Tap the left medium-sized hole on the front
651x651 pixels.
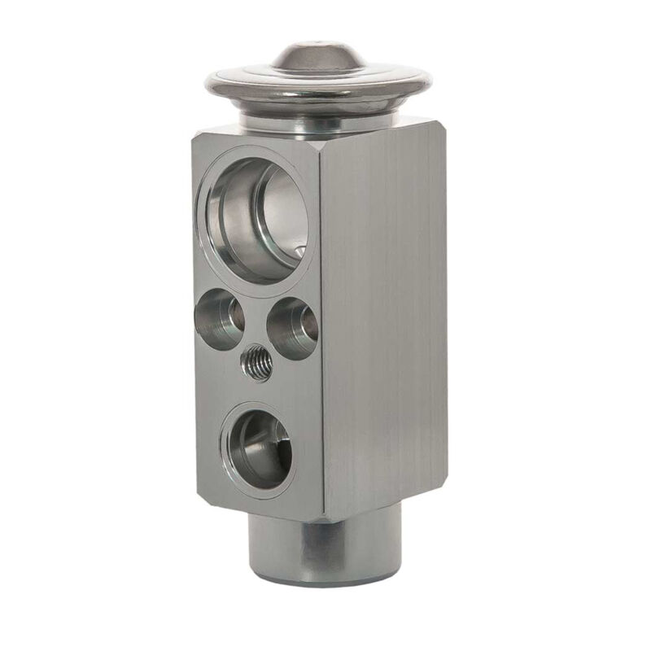[220, 317]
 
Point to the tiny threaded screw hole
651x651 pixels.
[256, 363]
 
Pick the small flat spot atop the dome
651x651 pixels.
[317, 42]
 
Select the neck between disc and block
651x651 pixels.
[317, 120]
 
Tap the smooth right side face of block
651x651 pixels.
[382, 317]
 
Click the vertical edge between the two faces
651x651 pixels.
[321, 325]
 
